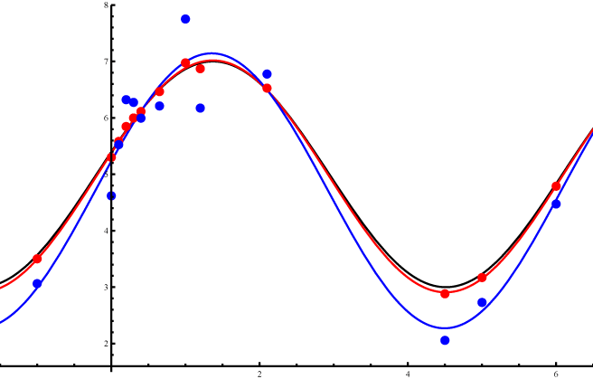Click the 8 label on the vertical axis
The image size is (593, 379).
coord(106,5)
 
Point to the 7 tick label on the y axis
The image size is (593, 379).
coord(106,62)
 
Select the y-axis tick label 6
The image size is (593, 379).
coord(106,118)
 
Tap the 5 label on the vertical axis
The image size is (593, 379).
coord(106,175)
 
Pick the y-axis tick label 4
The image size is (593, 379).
coord(106,231)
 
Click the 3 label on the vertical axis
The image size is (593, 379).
coord(106,288)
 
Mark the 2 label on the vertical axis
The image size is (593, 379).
coord(106,344)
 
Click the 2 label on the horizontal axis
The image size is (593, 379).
coord(259,374)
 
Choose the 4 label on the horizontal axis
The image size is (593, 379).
coord(408,374)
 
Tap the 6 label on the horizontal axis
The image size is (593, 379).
coord(556,374)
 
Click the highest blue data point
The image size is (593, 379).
coord(185,19)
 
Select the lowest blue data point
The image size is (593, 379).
coord(445,340)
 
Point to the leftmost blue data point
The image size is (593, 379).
coord(37,284)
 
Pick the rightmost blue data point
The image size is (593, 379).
coord(556,204)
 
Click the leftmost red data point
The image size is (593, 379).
coord(37,259)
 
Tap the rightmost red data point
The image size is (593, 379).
coord(556,186)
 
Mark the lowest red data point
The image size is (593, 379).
coord(445,294)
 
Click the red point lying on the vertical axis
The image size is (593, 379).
coord(111,157)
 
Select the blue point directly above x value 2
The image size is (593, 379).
coord(267,74)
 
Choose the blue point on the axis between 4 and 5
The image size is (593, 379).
coord(111,195)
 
